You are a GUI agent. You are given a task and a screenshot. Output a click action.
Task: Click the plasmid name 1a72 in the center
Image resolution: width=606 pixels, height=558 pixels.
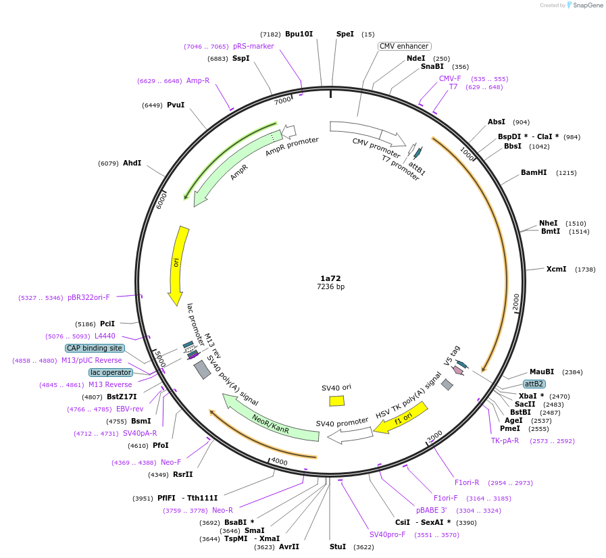click(330, 278)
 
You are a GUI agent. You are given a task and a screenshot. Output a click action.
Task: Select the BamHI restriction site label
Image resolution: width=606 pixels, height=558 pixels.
click(534, 173)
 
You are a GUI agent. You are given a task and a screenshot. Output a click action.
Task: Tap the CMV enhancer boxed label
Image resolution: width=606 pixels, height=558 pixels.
click(403, 47)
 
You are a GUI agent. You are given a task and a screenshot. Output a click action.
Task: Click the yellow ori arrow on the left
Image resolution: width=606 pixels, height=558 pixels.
click(177, 263)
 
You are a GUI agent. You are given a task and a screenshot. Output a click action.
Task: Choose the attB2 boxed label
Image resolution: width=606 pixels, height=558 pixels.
click(534, 384)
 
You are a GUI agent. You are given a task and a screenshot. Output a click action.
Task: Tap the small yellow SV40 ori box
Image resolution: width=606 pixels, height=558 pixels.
click(336, 401)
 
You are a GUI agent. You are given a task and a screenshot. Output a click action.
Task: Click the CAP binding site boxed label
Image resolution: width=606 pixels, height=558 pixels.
click(95, 348)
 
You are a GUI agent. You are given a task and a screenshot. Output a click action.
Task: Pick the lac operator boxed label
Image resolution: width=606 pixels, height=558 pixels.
click(111, 372)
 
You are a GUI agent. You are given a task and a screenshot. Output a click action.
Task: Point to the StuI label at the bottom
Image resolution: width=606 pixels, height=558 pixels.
click(337, 547)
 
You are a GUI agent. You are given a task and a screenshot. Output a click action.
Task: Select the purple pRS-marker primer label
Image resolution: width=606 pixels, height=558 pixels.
click(253, 47)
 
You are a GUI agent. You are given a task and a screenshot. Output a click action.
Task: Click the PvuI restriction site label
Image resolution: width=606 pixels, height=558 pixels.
click(176, 105)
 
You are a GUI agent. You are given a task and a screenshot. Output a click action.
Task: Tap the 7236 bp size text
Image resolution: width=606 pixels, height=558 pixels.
click(330, 287)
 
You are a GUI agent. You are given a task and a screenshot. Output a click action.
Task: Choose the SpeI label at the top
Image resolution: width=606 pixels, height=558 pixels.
click(345, 34)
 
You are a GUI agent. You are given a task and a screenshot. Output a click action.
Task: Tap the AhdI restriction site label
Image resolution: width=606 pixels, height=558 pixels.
click(132, 163)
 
